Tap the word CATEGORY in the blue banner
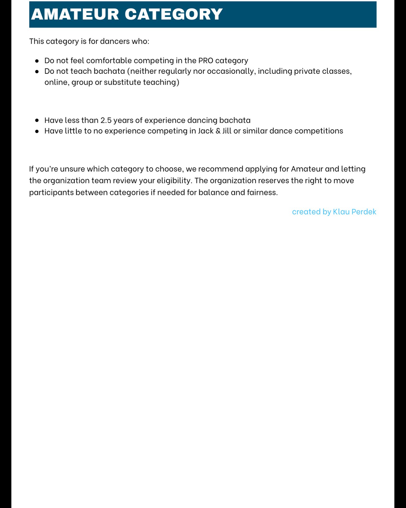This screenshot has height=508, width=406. tap(174, 14)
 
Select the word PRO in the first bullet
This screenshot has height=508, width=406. tap(206, 61)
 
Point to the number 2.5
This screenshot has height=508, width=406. tap(106, 120)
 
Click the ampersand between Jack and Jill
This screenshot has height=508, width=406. tap(218, 131)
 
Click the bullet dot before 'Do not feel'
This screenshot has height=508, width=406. tap(37, 61)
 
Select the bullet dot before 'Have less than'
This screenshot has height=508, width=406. tap(37, 121)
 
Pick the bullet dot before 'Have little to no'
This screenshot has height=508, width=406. tap(37, 131)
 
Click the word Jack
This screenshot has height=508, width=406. tap(206, 131)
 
